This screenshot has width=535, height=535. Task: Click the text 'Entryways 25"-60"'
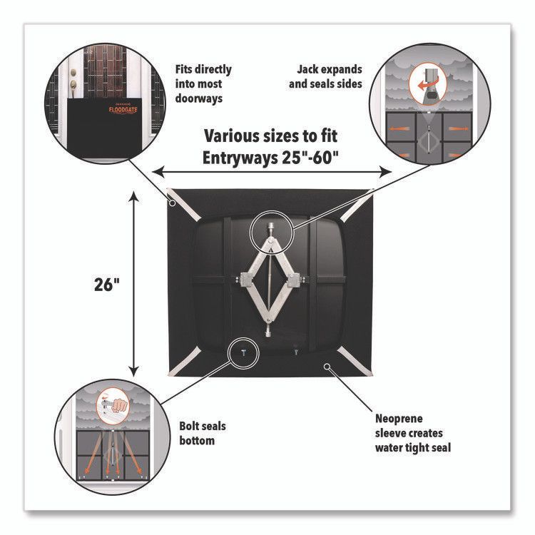[271, 155]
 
